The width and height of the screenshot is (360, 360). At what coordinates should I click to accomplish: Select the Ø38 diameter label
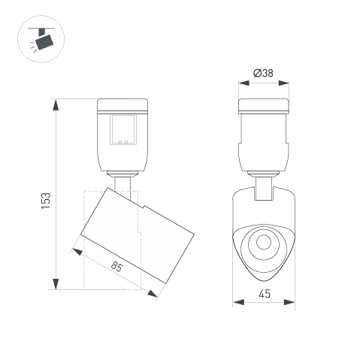coord(263,73)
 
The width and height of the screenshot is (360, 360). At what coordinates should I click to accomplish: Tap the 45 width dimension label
coord(264,295)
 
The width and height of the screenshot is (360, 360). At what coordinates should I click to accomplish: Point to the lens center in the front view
coord(263,242)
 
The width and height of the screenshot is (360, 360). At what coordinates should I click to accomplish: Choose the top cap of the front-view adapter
coord(263,105)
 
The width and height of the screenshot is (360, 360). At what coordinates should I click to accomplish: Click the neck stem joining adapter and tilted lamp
coord(124,185)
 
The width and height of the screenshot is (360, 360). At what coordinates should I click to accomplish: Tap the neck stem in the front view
coord(263,188)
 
